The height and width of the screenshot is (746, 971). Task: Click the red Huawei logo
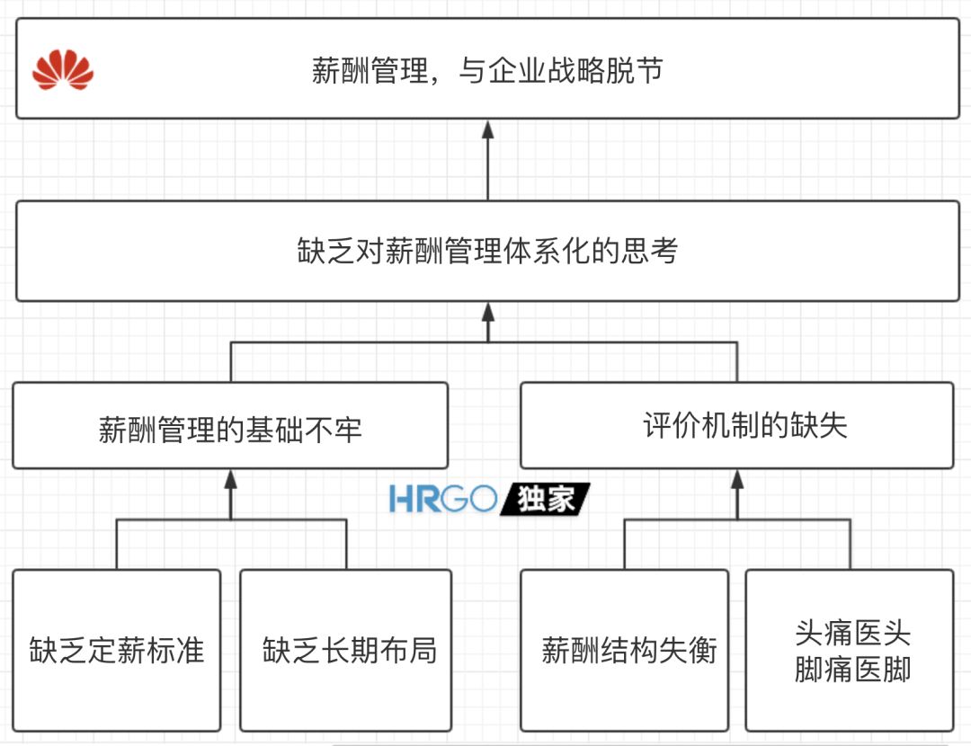[x=63, y=70]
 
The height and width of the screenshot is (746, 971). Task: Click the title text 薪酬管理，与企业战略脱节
[x=487, y=70]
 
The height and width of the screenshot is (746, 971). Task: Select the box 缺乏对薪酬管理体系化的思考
[x=487, y=251]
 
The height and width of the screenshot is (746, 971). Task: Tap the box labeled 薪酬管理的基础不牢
[x=230, y=426]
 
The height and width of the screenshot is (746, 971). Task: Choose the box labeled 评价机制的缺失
[x=737, y=425]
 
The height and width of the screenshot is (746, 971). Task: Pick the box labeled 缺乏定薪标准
[x=117, y=650]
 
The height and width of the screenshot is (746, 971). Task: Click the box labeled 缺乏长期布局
[x=346, y=650]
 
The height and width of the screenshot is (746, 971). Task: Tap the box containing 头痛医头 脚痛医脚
[x=850, y=650]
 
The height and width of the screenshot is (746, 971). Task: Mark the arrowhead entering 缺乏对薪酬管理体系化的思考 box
[x=488, y=311]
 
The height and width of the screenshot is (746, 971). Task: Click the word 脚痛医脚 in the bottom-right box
[x=852, y=670]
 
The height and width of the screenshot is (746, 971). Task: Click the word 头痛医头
[x=852, y=633]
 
